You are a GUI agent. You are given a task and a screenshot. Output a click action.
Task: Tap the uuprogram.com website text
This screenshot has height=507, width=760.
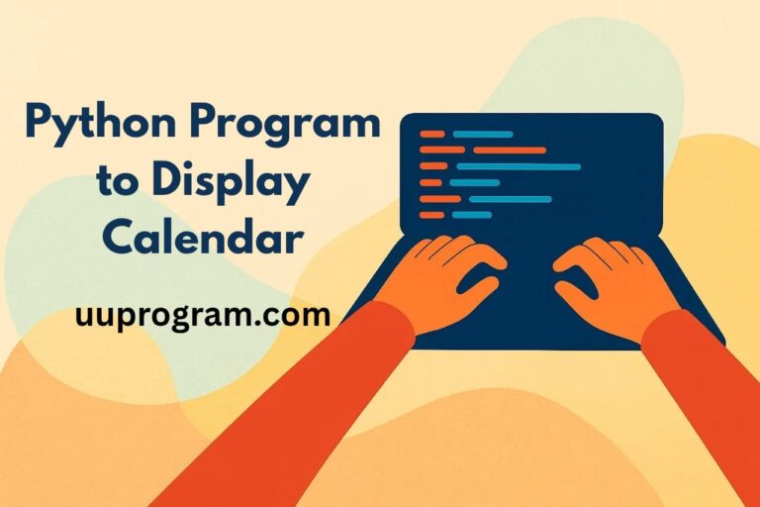coord(203,316)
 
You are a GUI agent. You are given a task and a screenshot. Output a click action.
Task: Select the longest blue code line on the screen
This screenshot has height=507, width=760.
coord(519,167)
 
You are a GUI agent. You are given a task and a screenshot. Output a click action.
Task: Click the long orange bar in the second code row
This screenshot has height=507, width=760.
coord(510,151)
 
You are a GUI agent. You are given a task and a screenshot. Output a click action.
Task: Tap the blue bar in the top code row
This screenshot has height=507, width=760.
coord(483,135)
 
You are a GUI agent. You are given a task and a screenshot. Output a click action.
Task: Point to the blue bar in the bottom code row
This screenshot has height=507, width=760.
coord(472,215)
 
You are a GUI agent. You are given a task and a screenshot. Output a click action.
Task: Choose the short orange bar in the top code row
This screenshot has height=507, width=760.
coord(432,135)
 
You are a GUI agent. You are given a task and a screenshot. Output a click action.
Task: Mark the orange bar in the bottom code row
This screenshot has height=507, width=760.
coord(432,215)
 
